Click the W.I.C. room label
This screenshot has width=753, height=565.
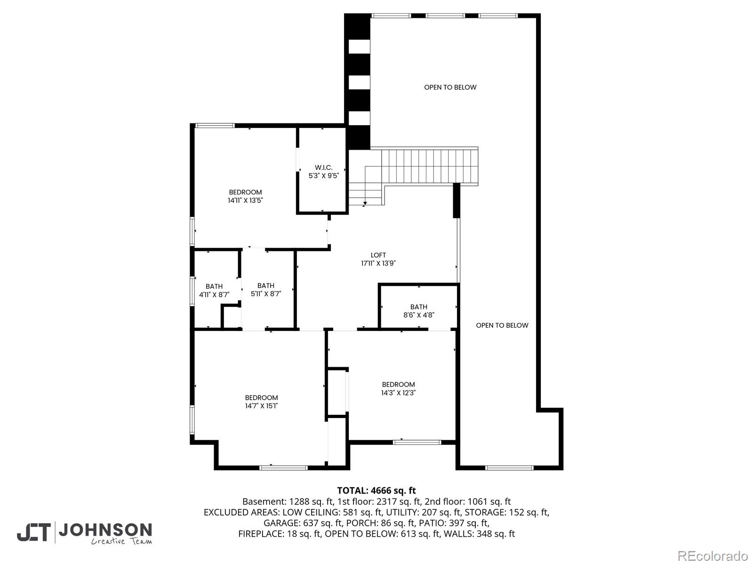(324, 168)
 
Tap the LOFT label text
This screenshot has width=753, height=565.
(378, 255)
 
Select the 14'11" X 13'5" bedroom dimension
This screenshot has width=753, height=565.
(245, 200)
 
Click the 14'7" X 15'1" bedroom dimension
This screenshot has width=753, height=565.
(261, 405)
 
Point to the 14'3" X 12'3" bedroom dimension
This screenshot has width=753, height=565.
(398, 392)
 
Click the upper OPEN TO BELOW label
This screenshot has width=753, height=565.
(450, 87)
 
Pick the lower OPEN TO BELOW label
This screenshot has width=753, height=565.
(502, 325)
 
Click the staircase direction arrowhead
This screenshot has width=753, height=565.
(365, 203)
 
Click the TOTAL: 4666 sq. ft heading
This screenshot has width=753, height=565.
(376, 491)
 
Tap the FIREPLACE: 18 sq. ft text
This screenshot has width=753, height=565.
(279, 534)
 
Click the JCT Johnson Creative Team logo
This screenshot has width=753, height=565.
(85, 533)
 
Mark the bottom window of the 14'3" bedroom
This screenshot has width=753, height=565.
(417, 442)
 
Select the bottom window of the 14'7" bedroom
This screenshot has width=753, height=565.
(283, 468)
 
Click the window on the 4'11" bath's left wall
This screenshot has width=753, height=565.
(192, 291)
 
